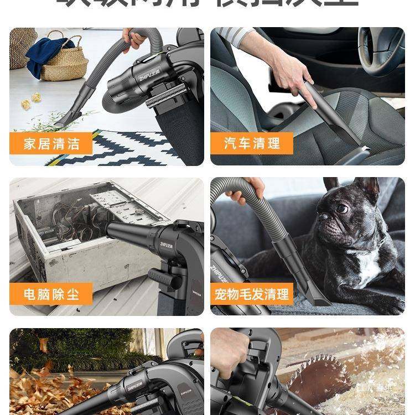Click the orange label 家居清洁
51,144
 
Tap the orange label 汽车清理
252,144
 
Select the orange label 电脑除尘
51,293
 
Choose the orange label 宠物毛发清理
252,294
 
